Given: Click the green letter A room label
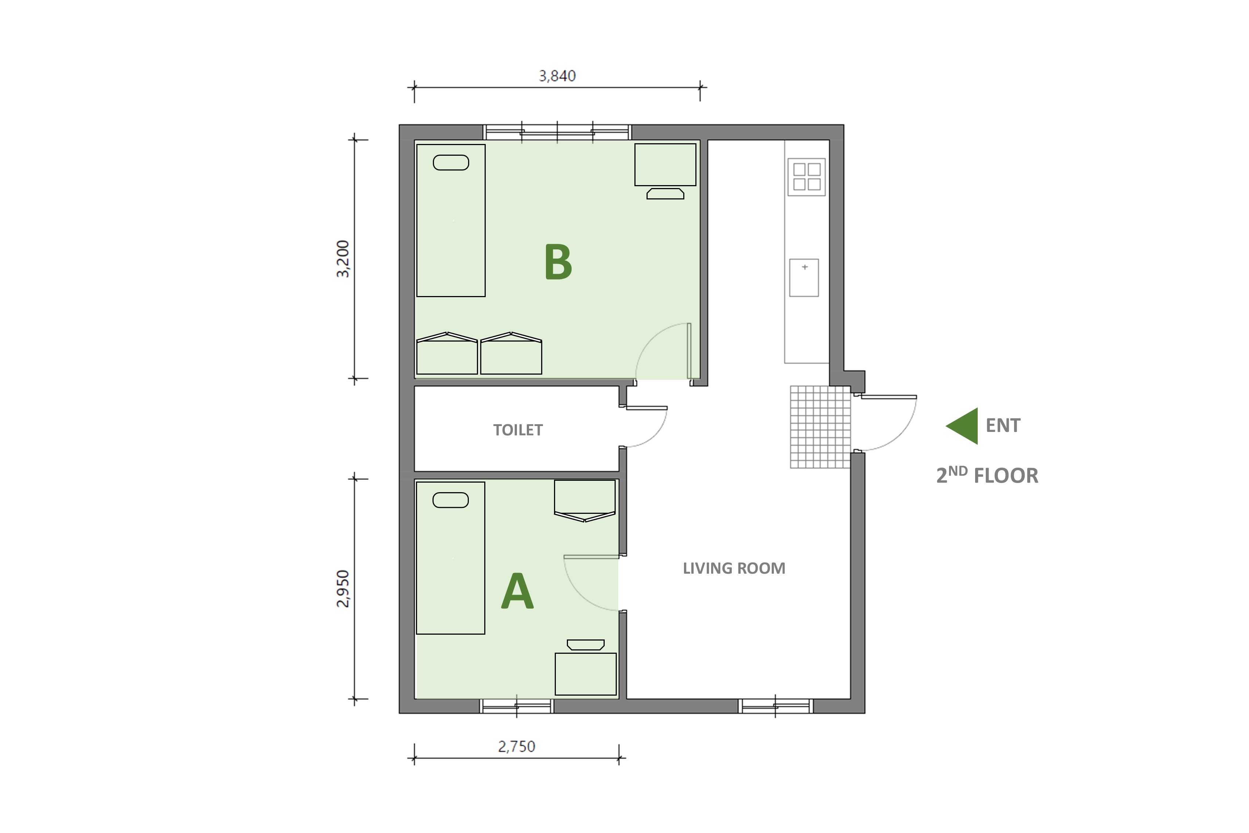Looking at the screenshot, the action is click(x=517, y=591).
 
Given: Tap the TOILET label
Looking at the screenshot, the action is click(x=518, y=430).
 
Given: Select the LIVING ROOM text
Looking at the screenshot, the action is click(x=734, y=569).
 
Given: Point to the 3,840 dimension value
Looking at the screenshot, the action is click(x=557, y=76).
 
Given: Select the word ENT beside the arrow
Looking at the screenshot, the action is click(x=1003, y=426).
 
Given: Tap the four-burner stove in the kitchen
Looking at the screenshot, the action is click(x=807, y=177).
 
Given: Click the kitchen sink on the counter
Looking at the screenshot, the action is click(x=804, y=277).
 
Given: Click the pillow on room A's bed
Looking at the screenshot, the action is click(x=450, y=500).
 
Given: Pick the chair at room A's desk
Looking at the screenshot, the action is click(x=586, y=645).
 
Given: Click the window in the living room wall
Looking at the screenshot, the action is click(x=776, y=706).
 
